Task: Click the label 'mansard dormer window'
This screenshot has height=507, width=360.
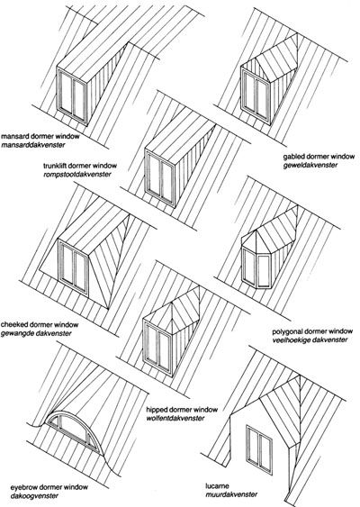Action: [40, 136]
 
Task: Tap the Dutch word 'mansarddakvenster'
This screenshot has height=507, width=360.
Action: [33, 145]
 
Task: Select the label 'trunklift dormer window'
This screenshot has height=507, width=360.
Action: [80, 166]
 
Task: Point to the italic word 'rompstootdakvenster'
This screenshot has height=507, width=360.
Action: [77, 175]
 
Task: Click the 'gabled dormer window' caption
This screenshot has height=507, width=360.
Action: [319, 157]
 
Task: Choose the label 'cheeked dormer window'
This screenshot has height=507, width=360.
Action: [40, 324]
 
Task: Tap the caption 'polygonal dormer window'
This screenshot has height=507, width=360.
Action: [312, 331]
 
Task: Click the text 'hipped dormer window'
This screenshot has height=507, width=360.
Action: [182, 410]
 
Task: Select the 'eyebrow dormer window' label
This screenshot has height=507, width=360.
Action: [49, 487]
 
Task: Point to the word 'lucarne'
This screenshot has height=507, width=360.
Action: [218, 486]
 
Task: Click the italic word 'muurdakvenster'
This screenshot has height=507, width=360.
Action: [231, 494]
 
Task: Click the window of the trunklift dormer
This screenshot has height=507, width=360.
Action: [160, 178]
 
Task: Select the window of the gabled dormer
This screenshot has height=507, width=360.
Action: [256, 95]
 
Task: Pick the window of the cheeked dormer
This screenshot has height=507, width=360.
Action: [74, 267]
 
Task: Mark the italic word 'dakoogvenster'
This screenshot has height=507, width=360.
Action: [33, 495]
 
